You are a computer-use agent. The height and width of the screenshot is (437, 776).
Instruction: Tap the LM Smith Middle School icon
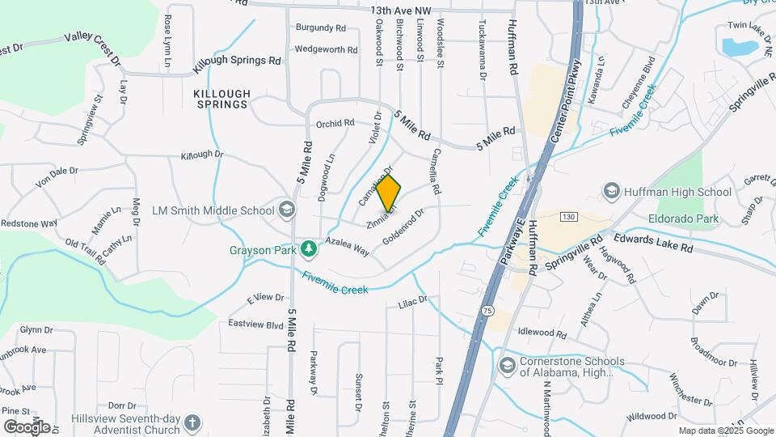pyautogui.click(x=285, y=210)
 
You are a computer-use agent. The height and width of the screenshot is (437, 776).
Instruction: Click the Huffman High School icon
pyautogui.click(x=612, y=191)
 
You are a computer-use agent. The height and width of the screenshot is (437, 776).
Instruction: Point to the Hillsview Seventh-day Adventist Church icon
pyautogui.click(x=192, y=422)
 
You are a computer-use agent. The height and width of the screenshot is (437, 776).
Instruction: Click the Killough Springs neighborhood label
pyautogui.click(x=221, y=100)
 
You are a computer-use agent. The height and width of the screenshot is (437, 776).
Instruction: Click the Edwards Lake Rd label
pyautogui.click(x=653, y=244)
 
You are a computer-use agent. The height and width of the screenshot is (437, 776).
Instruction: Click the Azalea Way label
pyautogui.click(x=348, y=247)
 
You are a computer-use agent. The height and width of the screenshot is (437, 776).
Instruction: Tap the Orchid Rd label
pyautogui.click(x=335, y=124)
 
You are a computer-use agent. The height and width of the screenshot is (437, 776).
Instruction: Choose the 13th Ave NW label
pyautogui.click(x=402, y=11)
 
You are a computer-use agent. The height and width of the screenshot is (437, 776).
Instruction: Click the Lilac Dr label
pyautogui.click(x=412, y=301)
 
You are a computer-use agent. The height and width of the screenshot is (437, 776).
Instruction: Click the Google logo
pyautogui.click(x=27, y=426)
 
